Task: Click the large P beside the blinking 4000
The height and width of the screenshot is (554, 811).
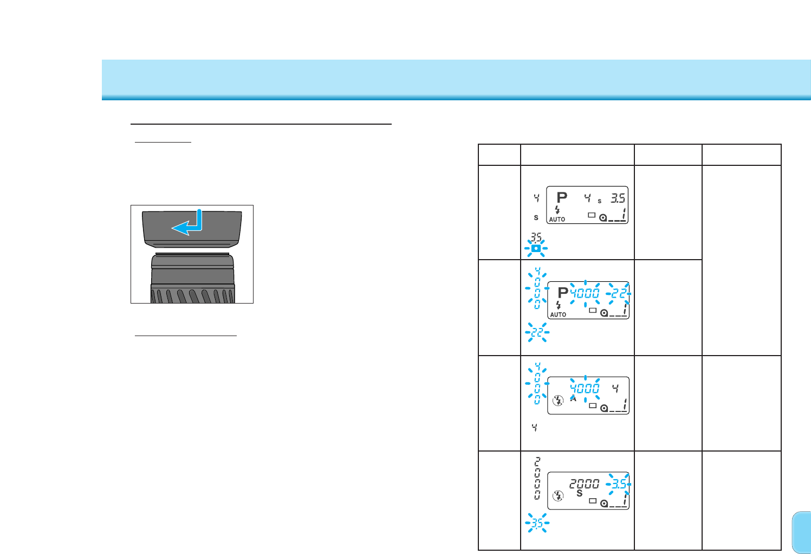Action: coord(563,293)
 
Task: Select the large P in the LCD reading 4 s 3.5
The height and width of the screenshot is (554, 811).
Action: coord(562,198)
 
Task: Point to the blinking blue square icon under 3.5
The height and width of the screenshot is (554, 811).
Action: coord(536,249)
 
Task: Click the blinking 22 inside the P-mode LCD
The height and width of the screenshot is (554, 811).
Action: coord(618,293)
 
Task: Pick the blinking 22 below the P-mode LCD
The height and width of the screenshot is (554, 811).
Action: coord(537,332)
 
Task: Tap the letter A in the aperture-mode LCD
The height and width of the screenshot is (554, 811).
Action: coord(573,399)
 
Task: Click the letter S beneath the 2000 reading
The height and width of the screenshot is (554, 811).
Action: coord(579,494)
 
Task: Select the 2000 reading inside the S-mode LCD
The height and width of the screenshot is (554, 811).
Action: coord(584,484)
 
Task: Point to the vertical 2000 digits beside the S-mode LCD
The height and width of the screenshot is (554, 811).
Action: coord(537,478)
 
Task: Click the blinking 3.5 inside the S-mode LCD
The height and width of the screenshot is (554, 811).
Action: coord(619,484)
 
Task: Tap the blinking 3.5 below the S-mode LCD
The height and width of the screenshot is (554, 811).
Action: coord(537,524)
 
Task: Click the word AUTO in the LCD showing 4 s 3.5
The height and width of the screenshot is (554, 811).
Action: coord(557,220)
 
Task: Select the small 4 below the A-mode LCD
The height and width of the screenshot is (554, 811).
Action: coord(535,428)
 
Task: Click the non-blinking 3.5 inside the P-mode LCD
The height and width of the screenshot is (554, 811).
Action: coord(618,198)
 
